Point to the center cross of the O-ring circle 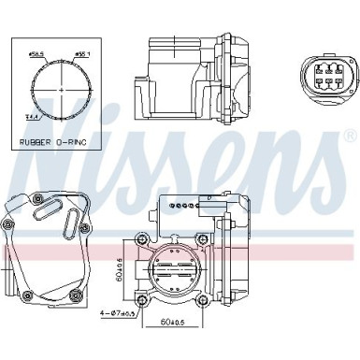[61, 89]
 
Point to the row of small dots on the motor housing [188, 202]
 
